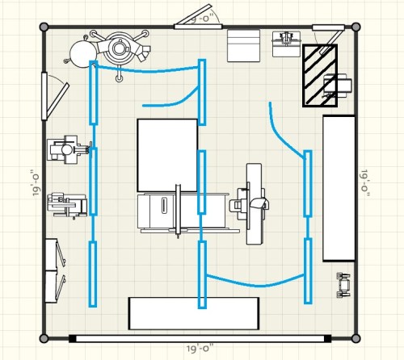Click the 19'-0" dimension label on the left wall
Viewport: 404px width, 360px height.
(36, 182)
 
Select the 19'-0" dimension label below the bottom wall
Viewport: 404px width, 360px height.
(200, 349)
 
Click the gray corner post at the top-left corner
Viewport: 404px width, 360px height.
(44, 27)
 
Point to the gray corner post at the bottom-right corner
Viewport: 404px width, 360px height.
(356, 338)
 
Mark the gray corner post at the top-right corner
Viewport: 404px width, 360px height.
(356, 27)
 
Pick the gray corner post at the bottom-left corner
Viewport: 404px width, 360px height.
(44, 338)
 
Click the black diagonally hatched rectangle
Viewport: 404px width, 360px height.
(320, 76)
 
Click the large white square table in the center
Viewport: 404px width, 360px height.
(167, 155)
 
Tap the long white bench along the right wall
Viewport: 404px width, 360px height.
(339, 188)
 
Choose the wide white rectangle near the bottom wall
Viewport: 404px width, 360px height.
(194, 313)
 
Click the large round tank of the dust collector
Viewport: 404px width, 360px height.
(82, 54)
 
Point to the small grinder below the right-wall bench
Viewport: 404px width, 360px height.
(343, 285)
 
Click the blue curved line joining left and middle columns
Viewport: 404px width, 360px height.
(148, 69)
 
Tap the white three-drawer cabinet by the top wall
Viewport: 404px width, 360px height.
(243, 46)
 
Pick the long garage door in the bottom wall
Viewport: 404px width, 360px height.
(200, 338)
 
